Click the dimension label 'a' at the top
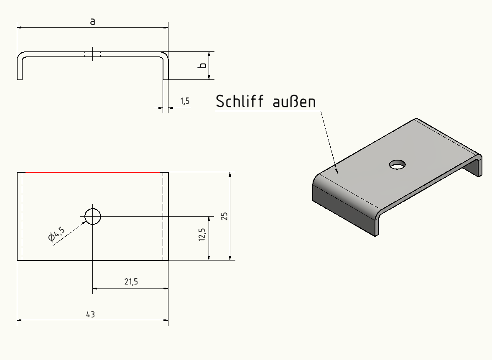(x=92, y=21)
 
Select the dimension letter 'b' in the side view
(x=203, y=65)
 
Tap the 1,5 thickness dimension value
(x=185, y=101)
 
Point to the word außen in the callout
(x=294, y=102)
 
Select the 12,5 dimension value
(x=202, y=235)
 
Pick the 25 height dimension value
(x=224, y=216)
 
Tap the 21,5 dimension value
(x=131, y=281)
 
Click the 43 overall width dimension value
(x=90, y=314)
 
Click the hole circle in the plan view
(x=92, y=217)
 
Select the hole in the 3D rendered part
(x=398, y=164)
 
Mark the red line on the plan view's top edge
(x=92, y=172)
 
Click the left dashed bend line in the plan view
(x=22, y=216)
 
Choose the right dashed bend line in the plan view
(x=163, y=216)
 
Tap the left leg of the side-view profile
(x=20, y=67)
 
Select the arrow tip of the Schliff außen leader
(x=338, y=173)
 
